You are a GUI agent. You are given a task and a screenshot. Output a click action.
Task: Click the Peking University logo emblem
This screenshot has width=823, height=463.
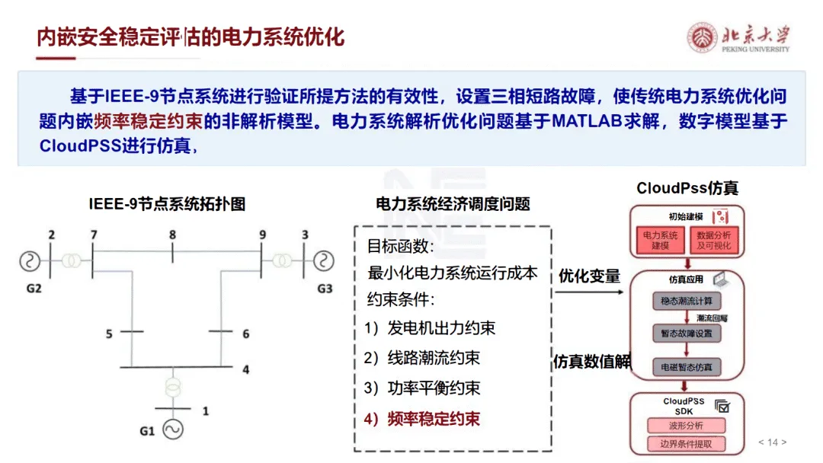click(702, 37)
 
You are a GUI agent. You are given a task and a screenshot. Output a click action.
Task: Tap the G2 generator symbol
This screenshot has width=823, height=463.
click(30, 261)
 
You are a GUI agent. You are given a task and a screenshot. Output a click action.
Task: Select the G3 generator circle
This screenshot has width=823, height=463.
click(324, 261)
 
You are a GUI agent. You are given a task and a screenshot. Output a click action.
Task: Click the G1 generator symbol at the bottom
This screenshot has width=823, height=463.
click(171, 430)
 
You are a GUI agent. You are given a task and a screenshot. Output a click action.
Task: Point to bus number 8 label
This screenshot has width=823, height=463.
click(172, 235)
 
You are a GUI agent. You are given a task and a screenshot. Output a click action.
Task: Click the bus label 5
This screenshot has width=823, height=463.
click(109, 334)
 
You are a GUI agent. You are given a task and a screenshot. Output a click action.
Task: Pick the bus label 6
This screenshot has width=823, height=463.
click(245, 334)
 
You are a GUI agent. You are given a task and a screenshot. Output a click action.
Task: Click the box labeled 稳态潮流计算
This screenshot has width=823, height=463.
click(687, 301)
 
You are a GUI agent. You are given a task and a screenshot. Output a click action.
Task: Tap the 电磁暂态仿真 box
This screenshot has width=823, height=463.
click(687, 367)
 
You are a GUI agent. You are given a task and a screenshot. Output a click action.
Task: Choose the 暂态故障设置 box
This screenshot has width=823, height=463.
click(687, 334)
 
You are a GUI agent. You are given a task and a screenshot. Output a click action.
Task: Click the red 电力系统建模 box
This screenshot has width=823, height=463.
click(660, 241)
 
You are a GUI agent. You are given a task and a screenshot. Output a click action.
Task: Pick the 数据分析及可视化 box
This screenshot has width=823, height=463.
click(714, 241)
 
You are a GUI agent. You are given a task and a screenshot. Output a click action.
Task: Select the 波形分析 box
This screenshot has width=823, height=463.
click(687, 425)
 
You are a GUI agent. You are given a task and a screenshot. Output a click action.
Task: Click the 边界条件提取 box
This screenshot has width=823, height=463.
click(687, 444)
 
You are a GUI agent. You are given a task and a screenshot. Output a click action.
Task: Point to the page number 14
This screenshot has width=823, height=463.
click(772, 442)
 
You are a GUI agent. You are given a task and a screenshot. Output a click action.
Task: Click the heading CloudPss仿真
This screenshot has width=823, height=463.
click(687, 188)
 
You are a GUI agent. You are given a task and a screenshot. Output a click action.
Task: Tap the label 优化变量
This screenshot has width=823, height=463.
click(589, 276)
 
